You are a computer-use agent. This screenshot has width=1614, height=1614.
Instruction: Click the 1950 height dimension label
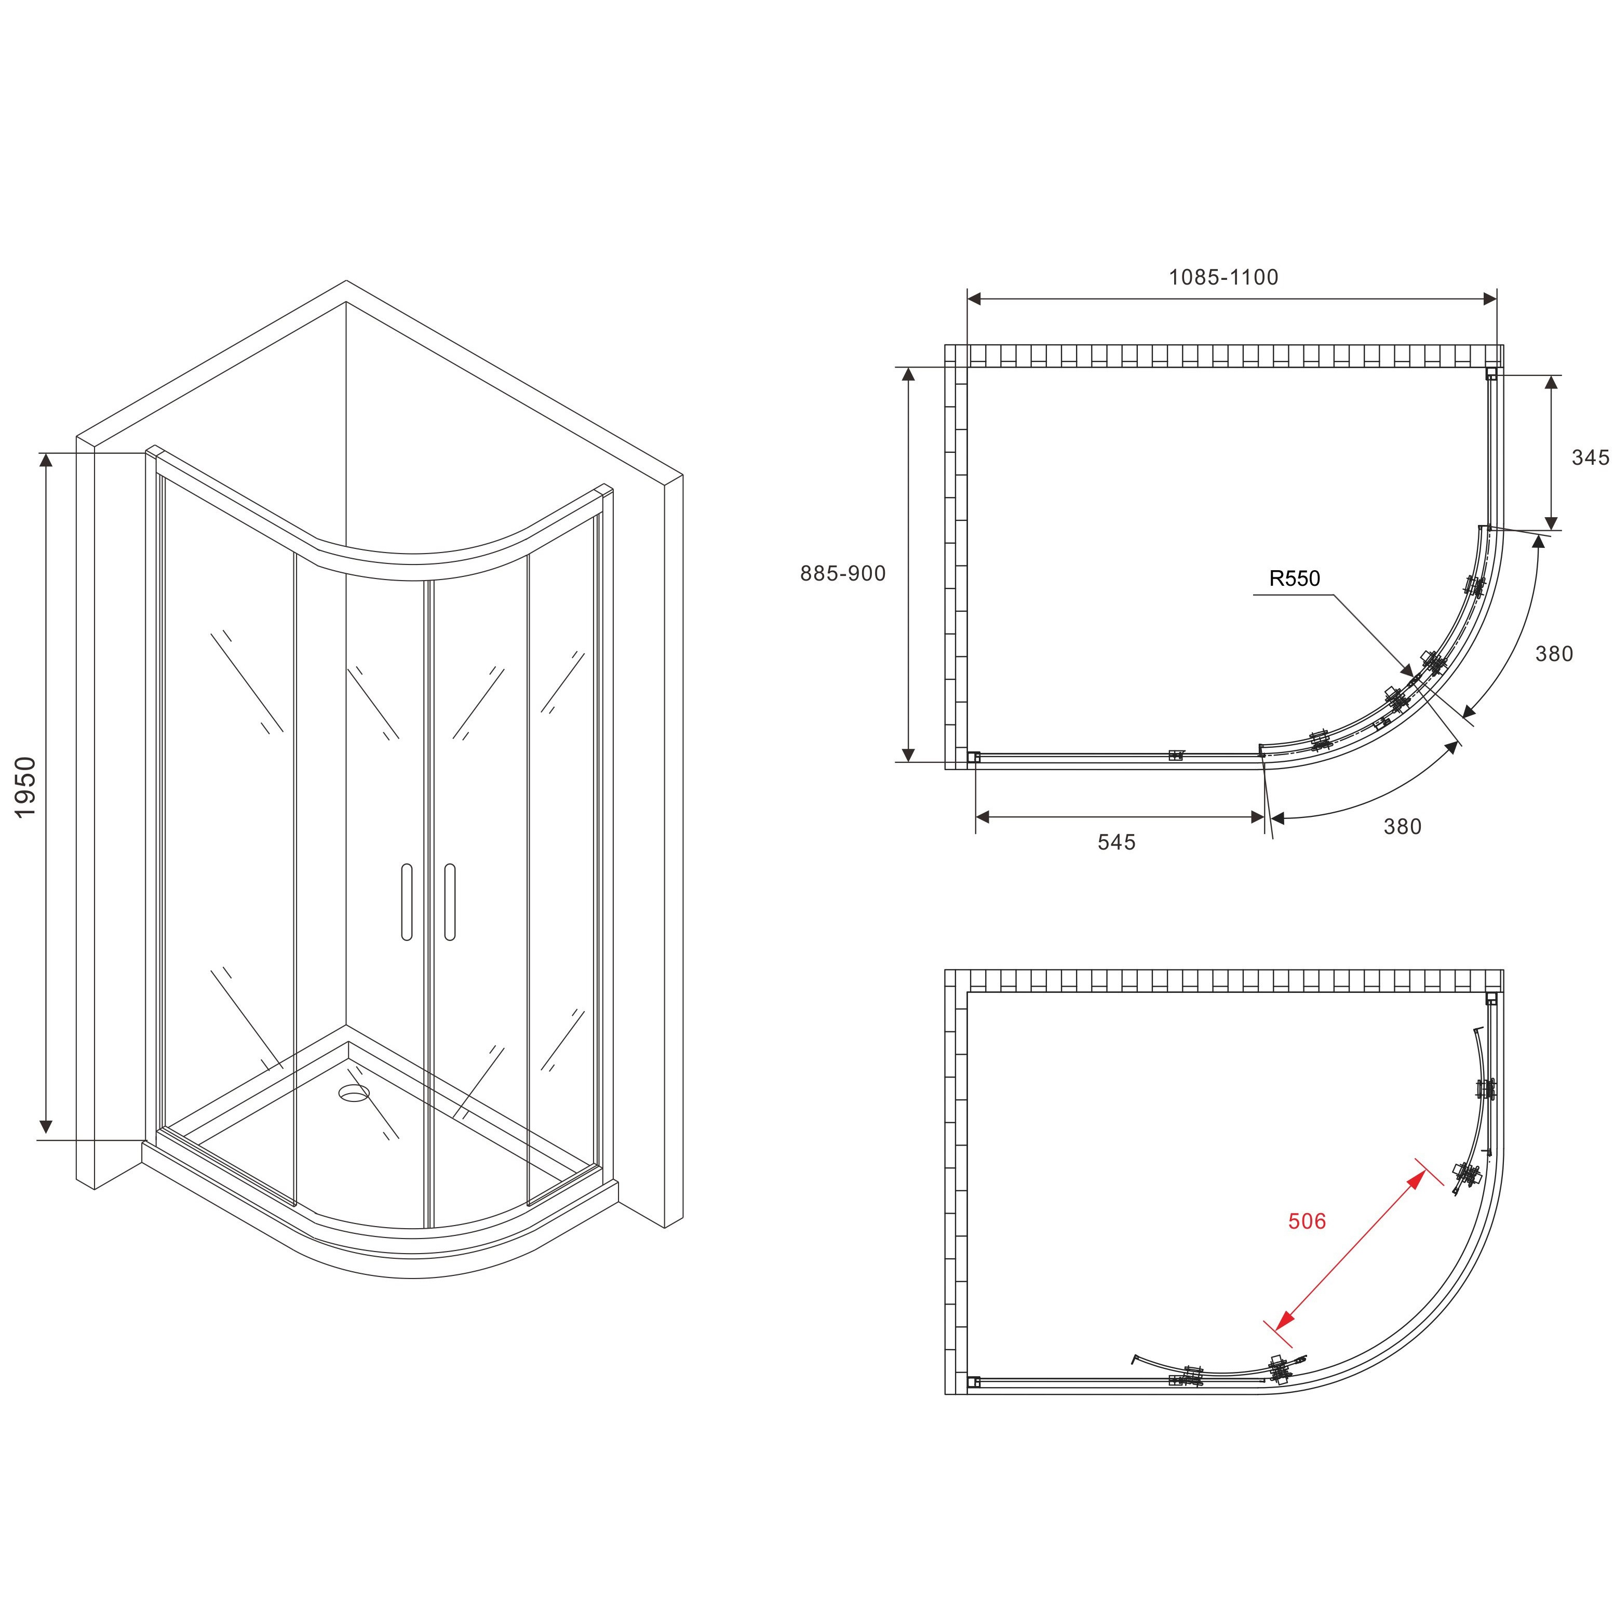click(x=26, y=787)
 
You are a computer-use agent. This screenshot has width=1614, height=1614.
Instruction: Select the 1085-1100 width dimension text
click(x=1223, y=277)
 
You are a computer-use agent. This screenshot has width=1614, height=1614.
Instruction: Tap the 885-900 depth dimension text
click(x=843, y=573)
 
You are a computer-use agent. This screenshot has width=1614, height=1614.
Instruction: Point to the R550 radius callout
click(x=1295, y=578)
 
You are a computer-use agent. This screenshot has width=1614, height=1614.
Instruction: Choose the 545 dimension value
click(x=1117, y=842)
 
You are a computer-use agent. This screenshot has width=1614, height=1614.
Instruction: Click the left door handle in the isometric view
click(x=407, y=902)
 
